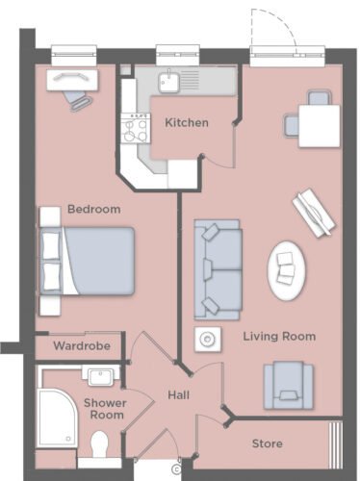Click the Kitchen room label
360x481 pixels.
point(187,122)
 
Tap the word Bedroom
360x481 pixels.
point(94,209)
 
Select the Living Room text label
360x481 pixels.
point(279,337)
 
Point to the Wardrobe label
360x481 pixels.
point(82,345)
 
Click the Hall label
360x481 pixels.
point(178,395)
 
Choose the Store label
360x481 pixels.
point(268,443)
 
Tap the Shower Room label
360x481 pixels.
point(105,409)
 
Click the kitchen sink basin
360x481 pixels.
point(168,82)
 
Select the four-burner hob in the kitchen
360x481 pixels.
point(136,128)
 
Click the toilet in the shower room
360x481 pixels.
point(99,444)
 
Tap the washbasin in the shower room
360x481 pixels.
point(100,376)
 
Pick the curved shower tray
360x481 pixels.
point(57,418)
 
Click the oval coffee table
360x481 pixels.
point(286,271)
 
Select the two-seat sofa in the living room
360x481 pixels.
point(218,269)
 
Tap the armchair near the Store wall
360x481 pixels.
point(288,386)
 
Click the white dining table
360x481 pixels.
point(319,126)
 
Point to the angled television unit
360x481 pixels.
point(314,213)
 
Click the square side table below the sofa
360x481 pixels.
point(208,339)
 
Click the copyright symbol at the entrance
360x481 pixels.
point(176,469)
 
